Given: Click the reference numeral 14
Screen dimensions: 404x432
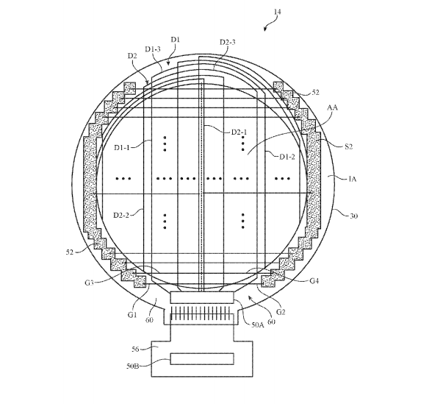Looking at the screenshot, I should pyautogui.click(x=277, y=13).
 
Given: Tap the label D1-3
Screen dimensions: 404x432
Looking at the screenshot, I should pyautogui.click(x=153, y=49).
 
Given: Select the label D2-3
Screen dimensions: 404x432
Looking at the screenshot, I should pyautogui.click(x=227, y=43).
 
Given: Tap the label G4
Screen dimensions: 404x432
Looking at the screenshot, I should pyautogui.click(x=315, y=280).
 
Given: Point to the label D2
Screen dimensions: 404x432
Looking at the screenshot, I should pyautogui.click(x=132, y=56).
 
